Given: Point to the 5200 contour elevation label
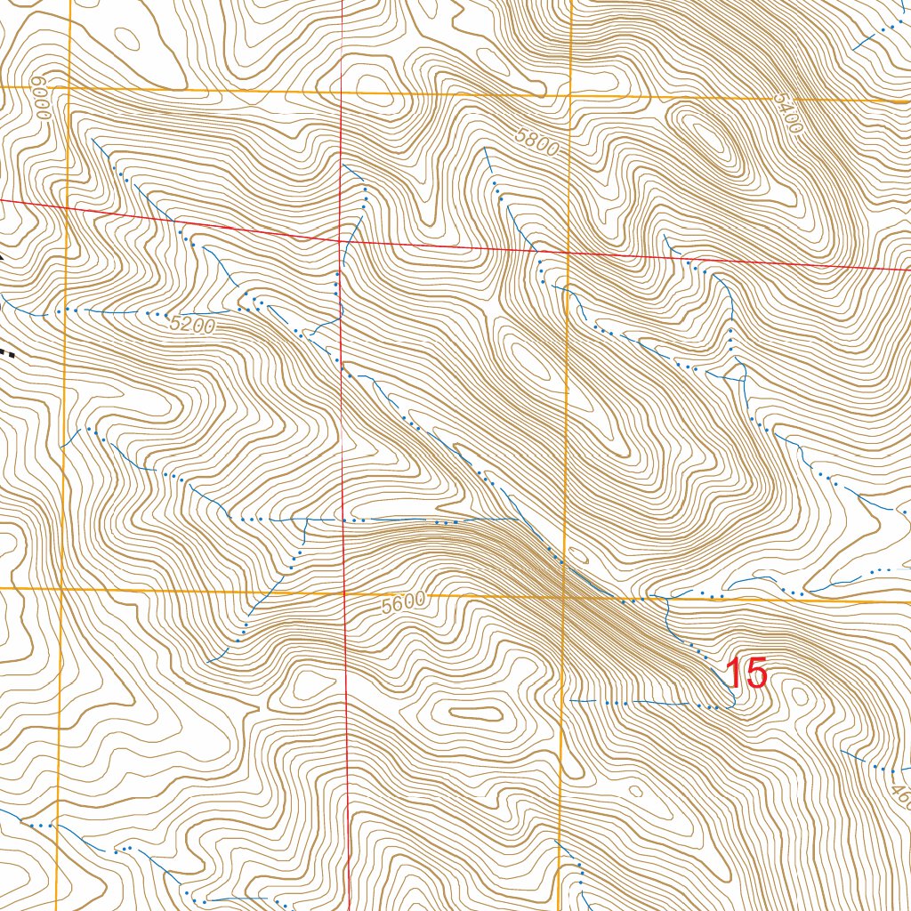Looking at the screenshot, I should coord(191,326).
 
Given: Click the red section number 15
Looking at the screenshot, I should coord(746,674).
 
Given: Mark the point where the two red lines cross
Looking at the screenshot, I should coord(342,240).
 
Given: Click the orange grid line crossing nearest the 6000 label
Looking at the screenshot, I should coord(69,87).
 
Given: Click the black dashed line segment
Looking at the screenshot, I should coord(7,352).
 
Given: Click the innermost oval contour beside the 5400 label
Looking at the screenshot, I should coord(707,137).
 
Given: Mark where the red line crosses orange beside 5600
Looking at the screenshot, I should coord(344,593).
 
